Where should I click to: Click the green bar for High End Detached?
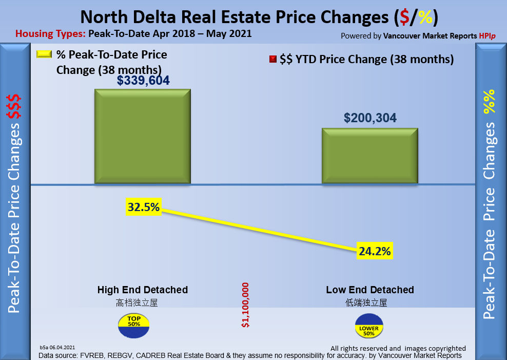pyautogui.click(x=142, y=136)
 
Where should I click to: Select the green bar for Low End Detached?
pyautogui.click(x=369, y=156)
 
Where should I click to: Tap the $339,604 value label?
pyautogui.click(x=143, y=81)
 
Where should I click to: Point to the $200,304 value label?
pyautogui.click(x=370, y=118)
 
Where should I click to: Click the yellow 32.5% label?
pyautogui.click(x=144, y=207)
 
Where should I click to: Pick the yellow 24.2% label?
pyautogui.click(x=375, y=252)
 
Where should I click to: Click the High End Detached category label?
pyautogui.click(x=143, y=290)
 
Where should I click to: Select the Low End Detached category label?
pyautogui.click(x=370, y=290)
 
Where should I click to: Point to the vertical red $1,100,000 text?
pyautogui.click(x=245, y=305)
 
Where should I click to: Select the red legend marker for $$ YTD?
pyautogui.click(x=272, y=60)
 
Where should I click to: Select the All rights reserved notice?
pyautogui.click(x=398, y=348)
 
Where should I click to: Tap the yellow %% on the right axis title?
pyautogui.click(x=490, y=101)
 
